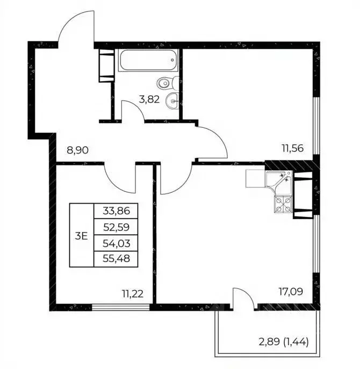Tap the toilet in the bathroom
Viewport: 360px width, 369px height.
(168, 83)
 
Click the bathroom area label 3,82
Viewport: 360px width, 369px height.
(149, 99)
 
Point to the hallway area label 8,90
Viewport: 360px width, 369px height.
(78, 150)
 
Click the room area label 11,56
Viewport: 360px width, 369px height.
(293, 148)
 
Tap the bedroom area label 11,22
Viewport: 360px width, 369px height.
(133, 294)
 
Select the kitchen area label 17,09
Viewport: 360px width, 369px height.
(291, 292)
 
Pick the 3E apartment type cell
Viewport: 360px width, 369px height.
(82, 235)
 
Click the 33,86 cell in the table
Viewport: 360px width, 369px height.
(116, 211)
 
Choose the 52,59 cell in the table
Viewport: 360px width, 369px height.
(116, 227)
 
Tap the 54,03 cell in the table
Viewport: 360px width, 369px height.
(116, 243)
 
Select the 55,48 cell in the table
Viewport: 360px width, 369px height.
(116, 259)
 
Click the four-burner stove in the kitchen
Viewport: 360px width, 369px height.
(283, 204)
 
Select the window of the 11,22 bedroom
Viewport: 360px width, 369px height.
(120, 307)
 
